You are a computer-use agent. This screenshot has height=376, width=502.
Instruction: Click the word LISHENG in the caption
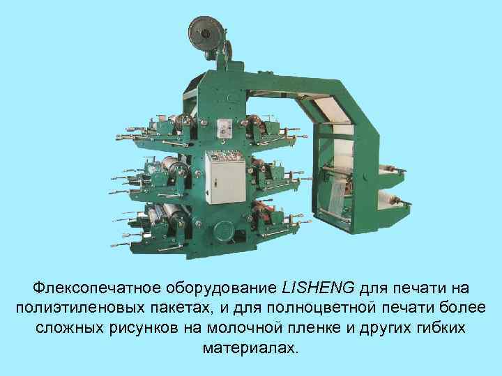[319, 288]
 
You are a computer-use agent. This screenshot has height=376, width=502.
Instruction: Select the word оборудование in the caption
[222, 288]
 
